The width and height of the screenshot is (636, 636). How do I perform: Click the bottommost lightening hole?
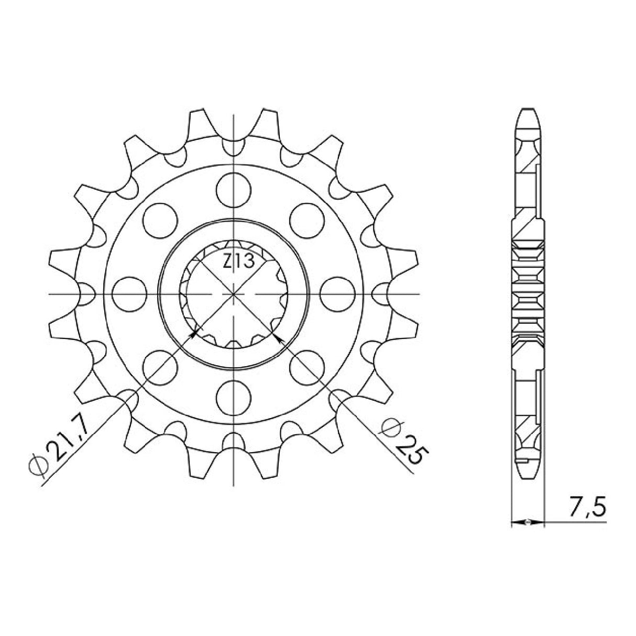pos(234,398)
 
